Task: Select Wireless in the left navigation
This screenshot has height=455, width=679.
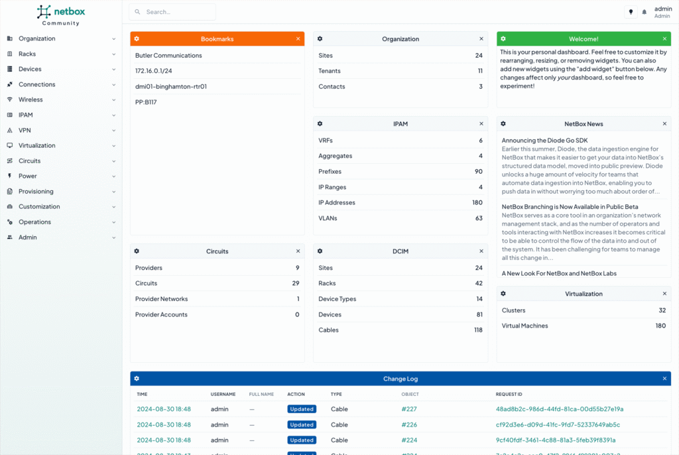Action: (31, 99)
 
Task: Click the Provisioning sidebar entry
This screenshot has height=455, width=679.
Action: (36, 191)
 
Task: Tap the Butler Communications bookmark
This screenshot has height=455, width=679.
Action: (168, 56)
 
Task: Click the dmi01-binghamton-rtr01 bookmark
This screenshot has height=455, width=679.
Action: (171, 86)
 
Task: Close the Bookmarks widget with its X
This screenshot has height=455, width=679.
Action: (298, 39)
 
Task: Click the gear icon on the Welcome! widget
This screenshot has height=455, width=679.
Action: (503, 39)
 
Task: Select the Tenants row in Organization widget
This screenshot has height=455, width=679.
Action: (330, 71)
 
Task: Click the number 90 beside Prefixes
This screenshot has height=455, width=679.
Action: (477, 172)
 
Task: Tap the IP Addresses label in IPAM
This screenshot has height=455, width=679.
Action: (337, 202)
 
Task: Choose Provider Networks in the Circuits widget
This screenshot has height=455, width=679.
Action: (161, 299)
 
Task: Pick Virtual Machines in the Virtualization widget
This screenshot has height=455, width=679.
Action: (525, 326)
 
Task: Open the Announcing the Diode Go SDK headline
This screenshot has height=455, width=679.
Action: (544, 141)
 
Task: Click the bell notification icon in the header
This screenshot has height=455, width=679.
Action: (644, 12)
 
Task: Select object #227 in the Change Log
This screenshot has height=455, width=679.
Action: (409, 409)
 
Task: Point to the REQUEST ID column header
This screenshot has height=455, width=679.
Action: (509, 394)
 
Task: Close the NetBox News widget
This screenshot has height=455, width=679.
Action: (664, 124)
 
